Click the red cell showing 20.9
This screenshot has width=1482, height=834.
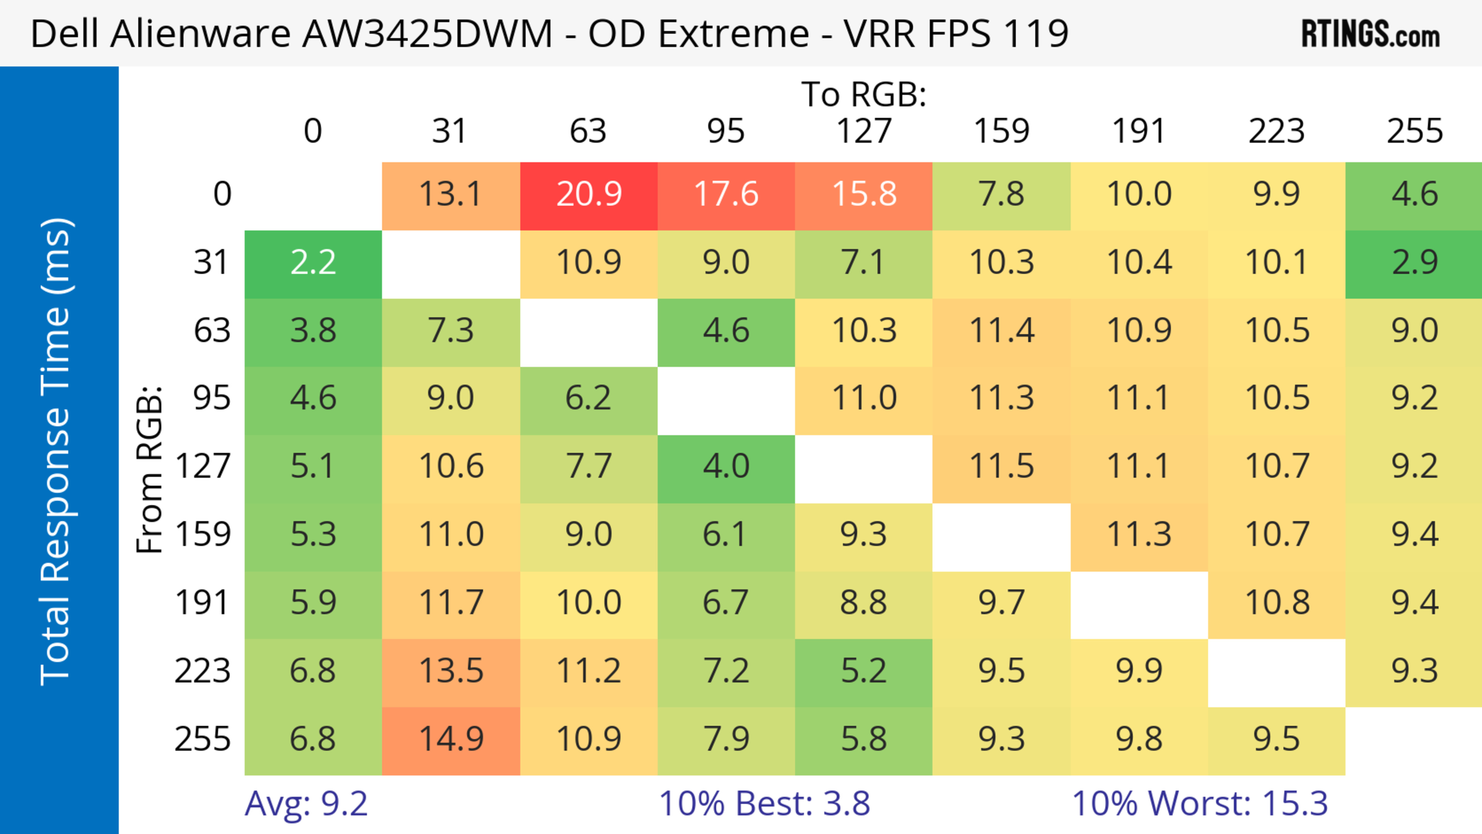[589, 195]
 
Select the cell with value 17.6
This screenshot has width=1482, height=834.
[726, 195]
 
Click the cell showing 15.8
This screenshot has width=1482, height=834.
[864, 195]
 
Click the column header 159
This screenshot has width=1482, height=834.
[1001, 131]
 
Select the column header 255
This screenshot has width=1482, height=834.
[1414, 131]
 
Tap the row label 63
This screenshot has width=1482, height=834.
[212, 331]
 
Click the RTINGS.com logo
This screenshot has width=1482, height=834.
[1370, 34]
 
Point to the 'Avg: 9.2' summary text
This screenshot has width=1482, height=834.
[306, 804]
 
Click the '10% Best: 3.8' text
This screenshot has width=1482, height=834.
[764, 804]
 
